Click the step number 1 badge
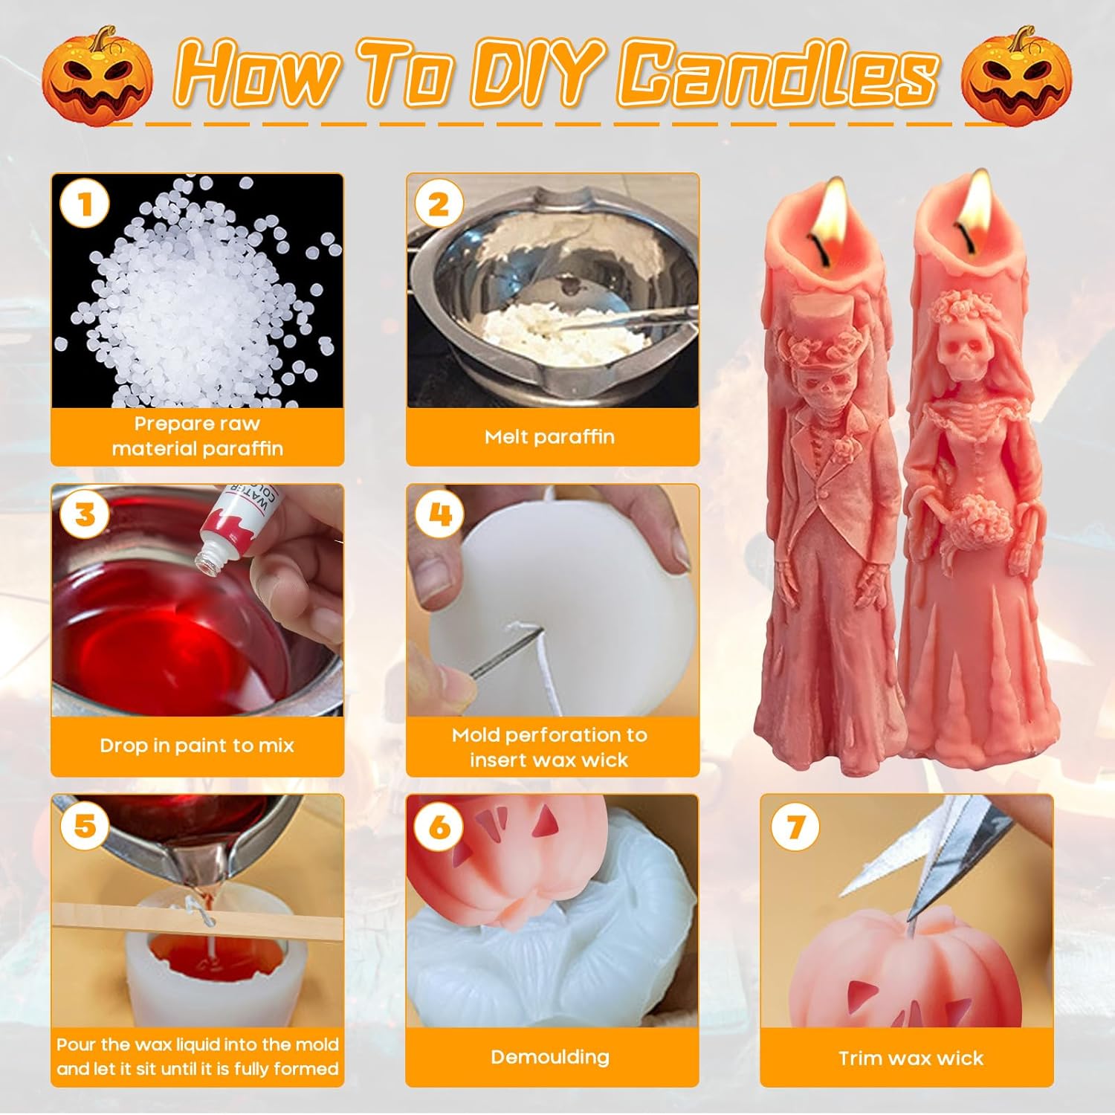(85, 204)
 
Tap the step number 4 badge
(440, 514)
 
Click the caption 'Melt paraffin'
(550, 436)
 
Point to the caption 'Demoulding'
(550, 1056)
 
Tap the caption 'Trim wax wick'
(911, 1058)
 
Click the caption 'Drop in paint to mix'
(197, 746)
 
